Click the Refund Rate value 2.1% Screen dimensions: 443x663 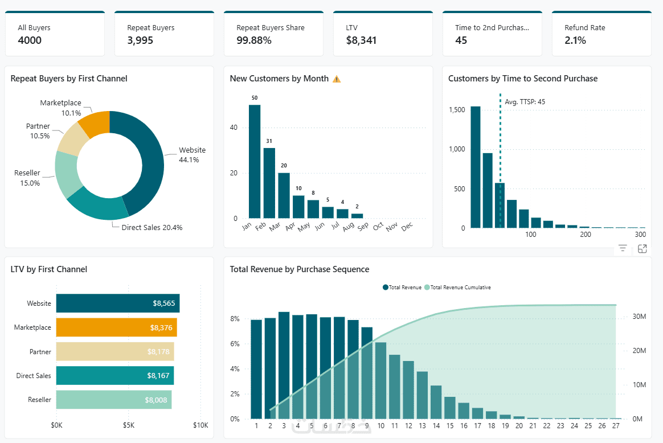575,40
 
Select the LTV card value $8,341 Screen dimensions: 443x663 361,40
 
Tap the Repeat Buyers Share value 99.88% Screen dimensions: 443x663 254,40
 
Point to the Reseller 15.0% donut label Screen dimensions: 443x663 27,178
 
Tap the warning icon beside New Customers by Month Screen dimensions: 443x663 337,79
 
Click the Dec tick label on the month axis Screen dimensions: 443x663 407,227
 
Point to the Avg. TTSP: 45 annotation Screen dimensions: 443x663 525,102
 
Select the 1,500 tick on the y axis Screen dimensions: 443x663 457,110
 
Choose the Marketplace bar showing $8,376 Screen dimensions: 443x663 116,327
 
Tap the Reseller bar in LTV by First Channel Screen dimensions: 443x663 113,400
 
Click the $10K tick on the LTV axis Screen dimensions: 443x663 200,425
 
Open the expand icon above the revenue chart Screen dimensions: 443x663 642,249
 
